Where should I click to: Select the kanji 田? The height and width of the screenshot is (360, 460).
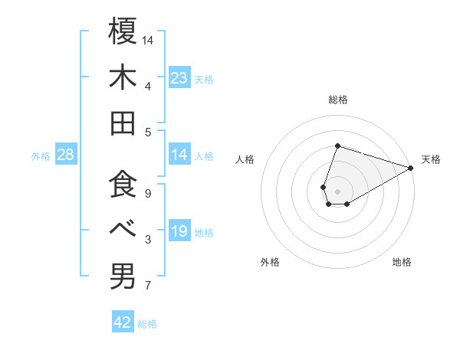[x=123, y=123]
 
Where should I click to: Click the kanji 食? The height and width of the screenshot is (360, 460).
[x=123, y=184]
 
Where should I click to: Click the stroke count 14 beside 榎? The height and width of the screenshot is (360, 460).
[x=148, y=40]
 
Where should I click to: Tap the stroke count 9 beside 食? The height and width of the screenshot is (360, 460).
[x=148, y=193]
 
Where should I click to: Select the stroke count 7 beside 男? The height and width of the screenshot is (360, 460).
[x=148, y=286]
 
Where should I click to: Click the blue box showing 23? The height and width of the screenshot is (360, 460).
[x=179, y=78]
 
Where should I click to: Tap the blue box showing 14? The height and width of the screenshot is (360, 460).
[x=179, y=155]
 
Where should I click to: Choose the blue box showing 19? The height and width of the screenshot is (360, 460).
[x=179, y=232]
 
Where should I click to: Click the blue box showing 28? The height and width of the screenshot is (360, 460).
[x=66, y=155]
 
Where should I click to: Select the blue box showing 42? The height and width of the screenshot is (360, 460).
[x=123, y=322]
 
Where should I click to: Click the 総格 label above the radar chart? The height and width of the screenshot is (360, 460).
[x=337, y=100]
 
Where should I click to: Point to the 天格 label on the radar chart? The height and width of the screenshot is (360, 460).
[x=431, y=159]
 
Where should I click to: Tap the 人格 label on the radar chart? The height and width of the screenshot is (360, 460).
[x=245, y=159]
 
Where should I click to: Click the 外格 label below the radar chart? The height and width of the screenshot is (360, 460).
[x=270, y=262]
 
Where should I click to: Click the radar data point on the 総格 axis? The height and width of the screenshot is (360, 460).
[x=337, y=146]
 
